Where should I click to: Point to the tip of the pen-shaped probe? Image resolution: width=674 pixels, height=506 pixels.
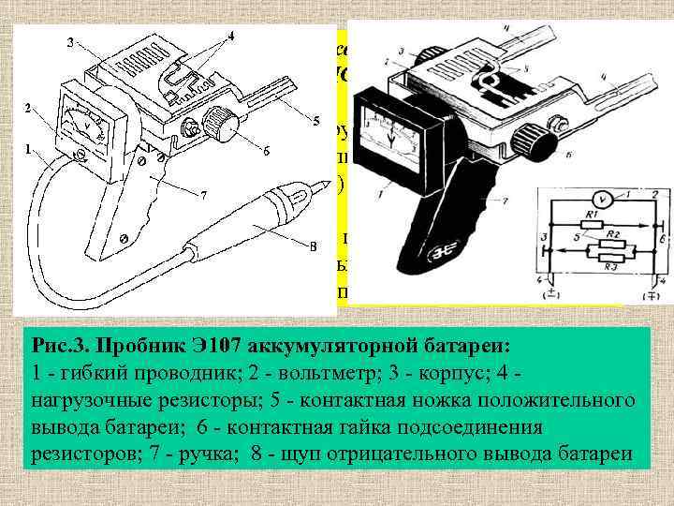(304, 193)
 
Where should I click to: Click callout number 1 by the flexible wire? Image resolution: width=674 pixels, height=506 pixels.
(27, 147)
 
